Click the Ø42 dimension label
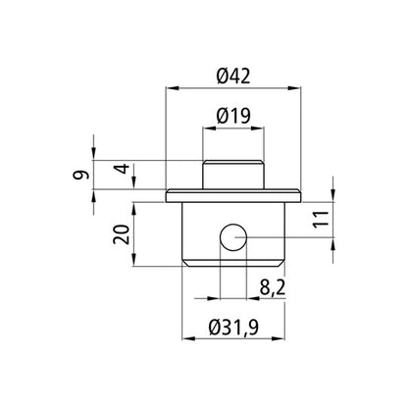(x=232, y=76)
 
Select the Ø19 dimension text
(x=232, y=116)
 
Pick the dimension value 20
(x=122, y=232)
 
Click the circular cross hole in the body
(x=233, y=237)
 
